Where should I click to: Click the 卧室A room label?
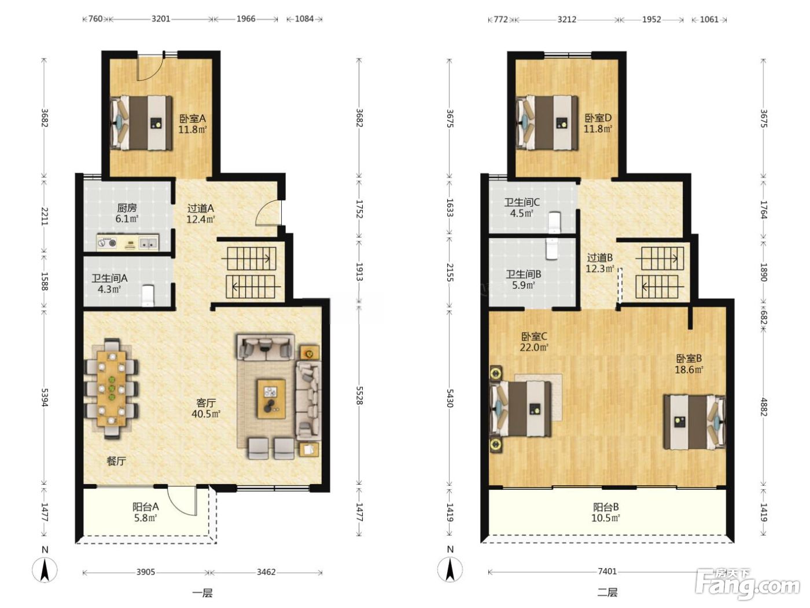coord(192,119)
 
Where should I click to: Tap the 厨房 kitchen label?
coord(127,207)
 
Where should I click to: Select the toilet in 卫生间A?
coord(148,295)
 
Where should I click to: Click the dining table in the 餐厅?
coord(112,388)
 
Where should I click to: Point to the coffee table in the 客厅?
coord(271,399)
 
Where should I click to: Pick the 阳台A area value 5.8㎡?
coord(146,518)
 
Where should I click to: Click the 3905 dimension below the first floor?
coord(146,572)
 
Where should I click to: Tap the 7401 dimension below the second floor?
coord(607,572)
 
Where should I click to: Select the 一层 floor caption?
coord(203,593)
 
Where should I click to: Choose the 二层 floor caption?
coord(607,592)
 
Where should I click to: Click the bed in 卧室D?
coord(547,123)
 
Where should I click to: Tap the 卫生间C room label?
coord(522,202)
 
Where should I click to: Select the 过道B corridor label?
coord(599,257)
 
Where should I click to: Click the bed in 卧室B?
coord(694,422)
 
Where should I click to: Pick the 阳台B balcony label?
coord(606,507)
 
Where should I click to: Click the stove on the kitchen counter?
coord(107,243)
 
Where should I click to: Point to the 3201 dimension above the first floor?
coord(161,19)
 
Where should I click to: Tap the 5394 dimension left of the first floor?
coord(45,397)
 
